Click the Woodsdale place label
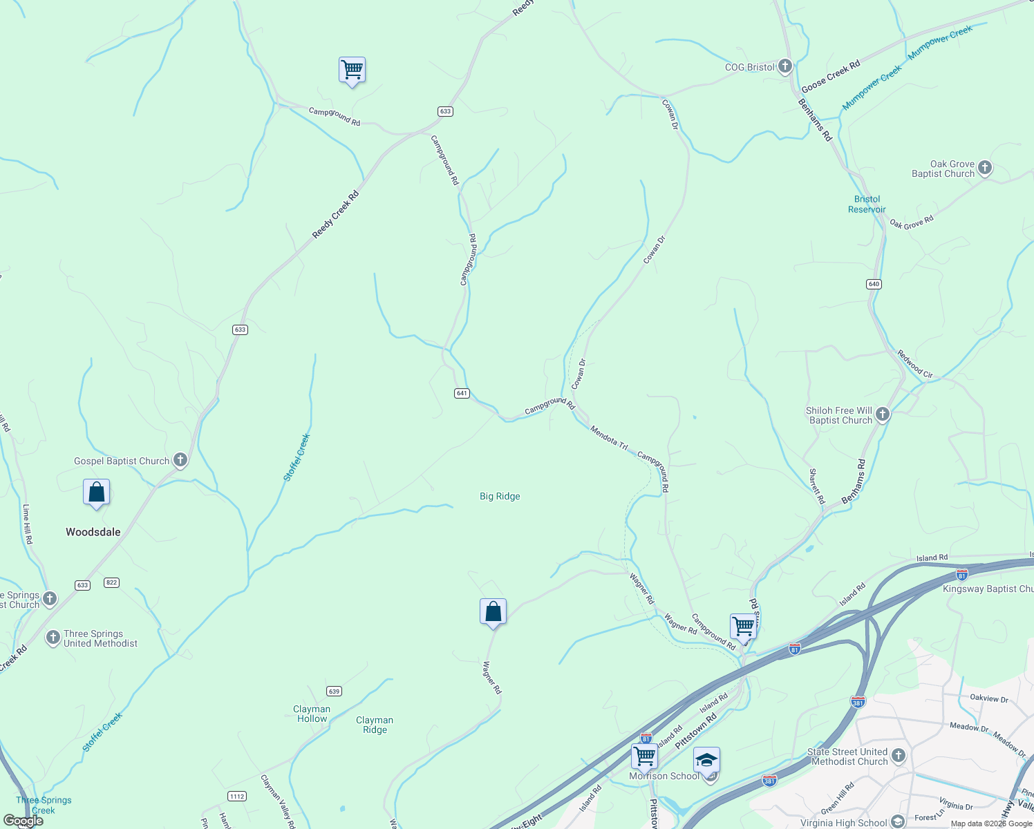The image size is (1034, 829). pyautogui.click(x=93, y=532)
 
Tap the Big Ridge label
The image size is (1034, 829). pyautogui.click(x=500, y=496)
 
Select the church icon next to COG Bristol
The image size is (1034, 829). pyautogui.click(x=784, y=66)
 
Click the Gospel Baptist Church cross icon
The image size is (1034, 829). pyautogui.click(x=180, y=460)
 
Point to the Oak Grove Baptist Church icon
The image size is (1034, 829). pyautogui.click(x=985, y=168)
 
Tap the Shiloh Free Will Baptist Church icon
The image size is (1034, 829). pyautogui.click(x=883, y=414)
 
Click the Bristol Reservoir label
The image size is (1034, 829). pyautogui.click(x=867, y=204)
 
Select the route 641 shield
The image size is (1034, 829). pyautogui.click(x=462, y=393)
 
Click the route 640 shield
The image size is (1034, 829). pyautogui.click(x=874, y=284)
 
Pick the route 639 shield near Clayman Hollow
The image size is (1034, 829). pyautogui.click(x=334, y=692)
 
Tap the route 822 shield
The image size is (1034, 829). pyautogui.click(x=112, y=582)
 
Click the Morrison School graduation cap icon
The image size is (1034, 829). pyautogui.click(x=706, y=760)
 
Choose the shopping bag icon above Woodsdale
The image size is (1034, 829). pyautogui.click(x=97, y=493)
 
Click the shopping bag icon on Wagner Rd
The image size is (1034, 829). pyautogui.click(x=493, y=611)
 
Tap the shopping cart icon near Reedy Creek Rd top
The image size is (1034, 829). pyautogui.click(x=352, y=70)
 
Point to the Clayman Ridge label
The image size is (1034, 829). pyautogui.click(x=375, y=725)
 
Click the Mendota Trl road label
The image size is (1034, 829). pyautogui.click(x=609, y=439)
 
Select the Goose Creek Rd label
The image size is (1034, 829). pyautogui.click(x=830, y=76)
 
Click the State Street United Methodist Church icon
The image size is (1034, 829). pyautogui.click(x=898, y=755)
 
